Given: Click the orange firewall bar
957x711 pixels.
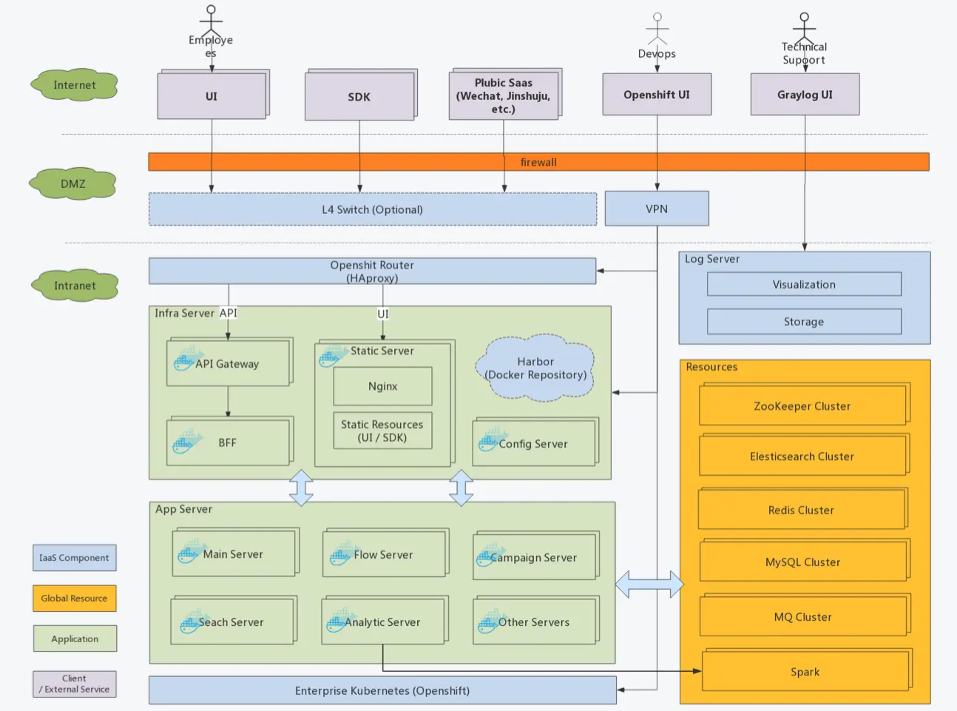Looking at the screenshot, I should click(538, 162).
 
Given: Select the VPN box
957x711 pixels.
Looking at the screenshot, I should click(657, 209).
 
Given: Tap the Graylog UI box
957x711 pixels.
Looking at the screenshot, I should click(805, 95).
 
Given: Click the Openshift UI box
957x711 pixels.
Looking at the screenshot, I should click(657, 95).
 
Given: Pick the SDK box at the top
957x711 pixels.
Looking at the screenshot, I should click(359, 96).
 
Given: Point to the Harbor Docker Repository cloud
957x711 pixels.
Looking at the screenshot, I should click(535, 368).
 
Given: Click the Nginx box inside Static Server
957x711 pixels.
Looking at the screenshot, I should click(382, 386).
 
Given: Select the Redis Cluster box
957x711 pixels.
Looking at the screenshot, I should click(802, 510).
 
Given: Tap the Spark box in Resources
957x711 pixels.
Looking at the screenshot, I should click(805, 672).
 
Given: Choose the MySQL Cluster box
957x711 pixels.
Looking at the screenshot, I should click(802, 562).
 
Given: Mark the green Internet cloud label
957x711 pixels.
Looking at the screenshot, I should click(75, 85).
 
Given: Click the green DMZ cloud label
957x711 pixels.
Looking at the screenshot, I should click(73, 183).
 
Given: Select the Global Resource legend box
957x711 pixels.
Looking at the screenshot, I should click(74, 598).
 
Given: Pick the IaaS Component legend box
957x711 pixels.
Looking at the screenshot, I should click(74, 558).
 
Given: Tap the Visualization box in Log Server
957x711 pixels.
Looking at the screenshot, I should click(804, 284).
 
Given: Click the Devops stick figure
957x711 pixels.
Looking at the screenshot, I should click(657, 30).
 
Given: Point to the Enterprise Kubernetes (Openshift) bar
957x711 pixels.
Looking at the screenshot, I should click(382, 690).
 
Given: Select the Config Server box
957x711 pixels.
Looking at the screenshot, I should click(534, 443).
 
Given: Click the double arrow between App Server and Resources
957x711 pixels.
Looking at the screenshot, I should click(649, 584).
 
